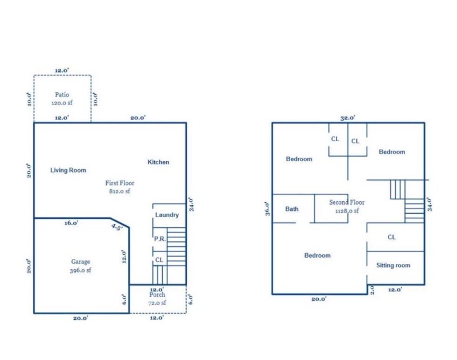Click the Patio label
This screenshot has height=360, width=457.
click(x=62, y=94)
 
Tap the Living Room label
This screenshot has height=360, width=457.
click(x=68, y=170)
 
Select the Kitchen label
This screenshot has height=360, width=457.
click(x=158, y=162)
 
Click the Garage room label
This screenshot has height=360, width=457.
click(x=80, y=262)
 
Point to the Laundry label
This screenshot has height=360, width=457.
click(x=167, y=215)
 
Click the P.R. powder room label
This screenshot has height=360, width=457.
click(x=160, y=239)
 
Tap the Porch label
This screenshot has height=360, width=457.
click(x=157, y=295)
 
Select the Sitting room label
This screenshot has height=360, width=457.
click(x=393, y=265)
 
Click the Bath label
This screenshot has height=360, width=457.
click(x=291, y=209)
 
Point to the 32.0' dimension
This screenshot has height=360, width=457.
click(x=348, y=118)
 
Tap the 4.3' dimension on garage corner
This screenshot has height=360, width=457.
click(x=116, y=227)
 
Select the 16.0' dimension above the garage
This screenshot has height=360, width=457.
click(x=71, y=223)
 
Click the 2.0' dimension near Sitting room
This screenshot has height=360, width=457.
click(x=371, y=289)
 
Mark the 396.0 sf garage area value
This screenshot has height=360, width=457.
click(x=80, y=270)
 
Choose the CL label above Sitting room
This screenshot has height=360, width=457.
click(x=392, y=237)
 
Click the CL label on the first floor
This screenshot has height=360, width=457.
click(x=159, y=260)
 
